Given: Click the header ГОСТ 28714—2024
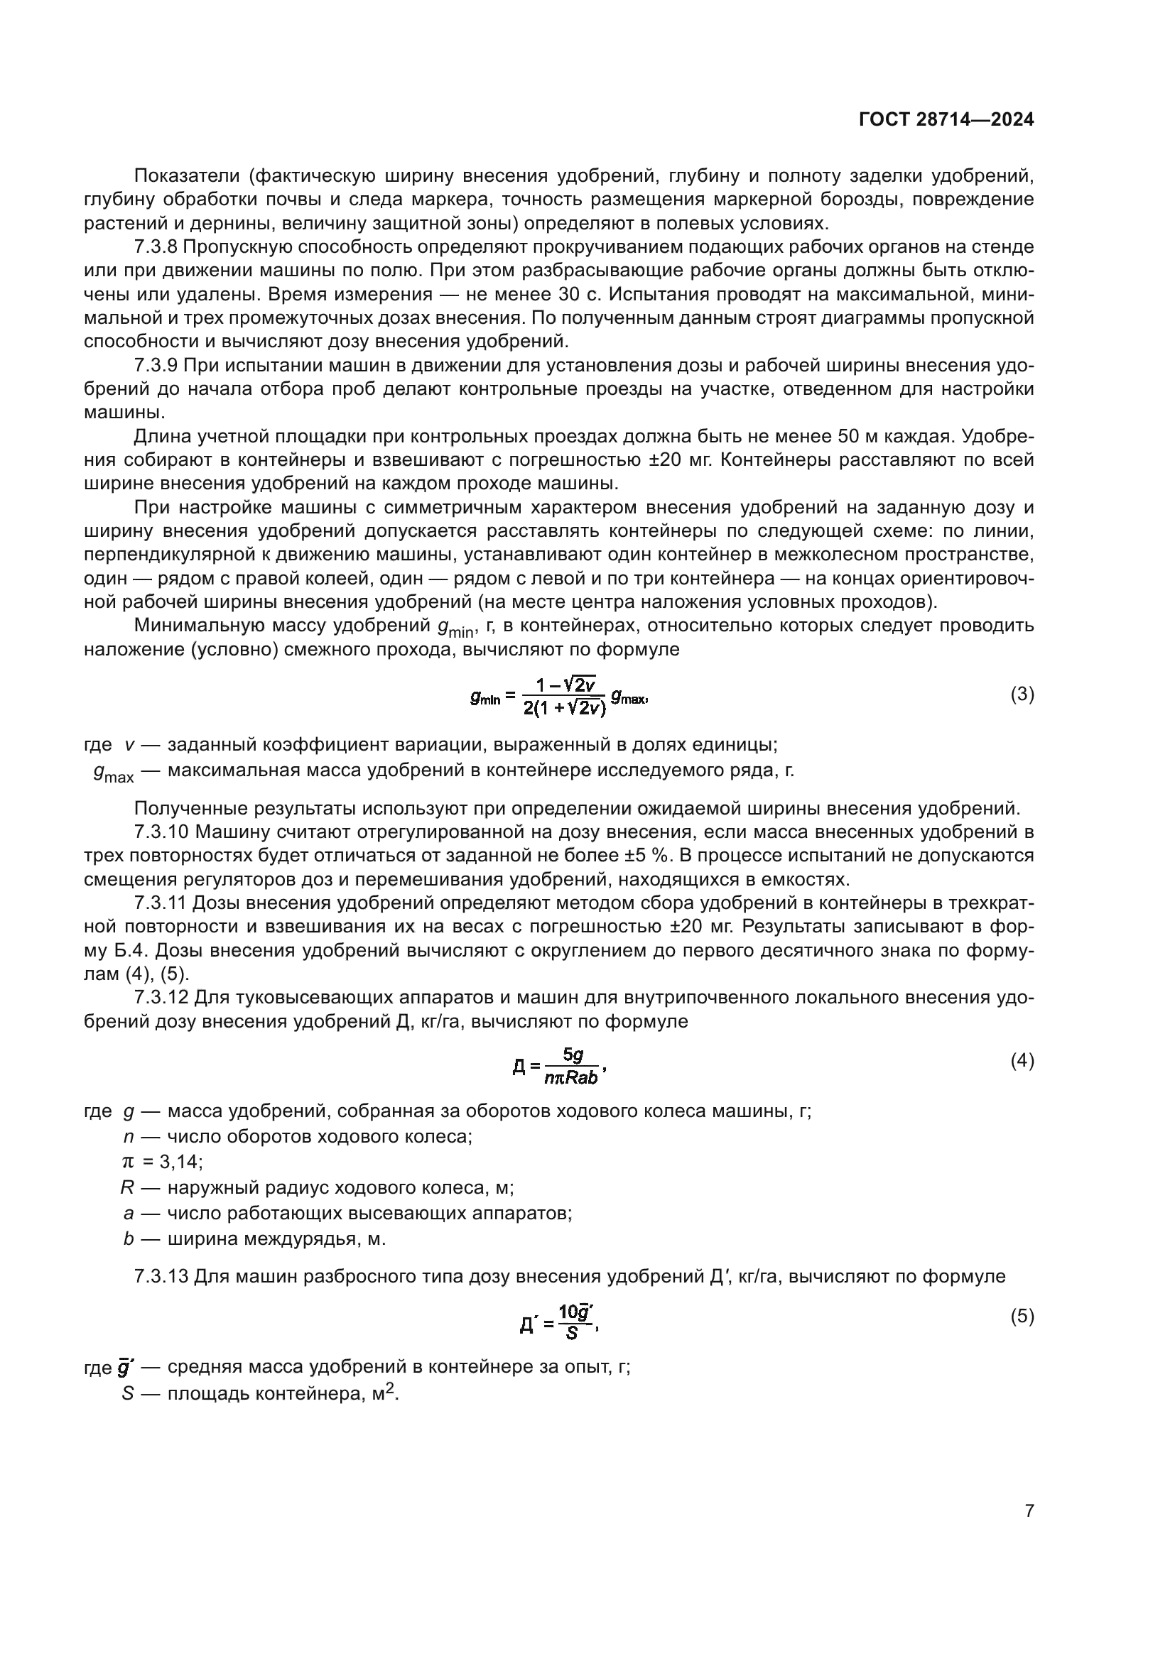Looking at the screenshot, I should coord(946,120).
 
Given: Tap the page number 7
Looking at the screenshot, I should coord(1029,1510).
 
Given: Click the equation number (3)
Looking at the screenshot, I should coord(1022,695).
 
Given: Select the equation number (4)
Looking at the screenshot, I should coord(1022,1061).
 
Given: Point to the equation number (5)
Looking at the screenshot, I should coord(1022,1317).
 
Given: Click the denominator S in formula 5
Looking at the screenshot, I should coord(572,1332).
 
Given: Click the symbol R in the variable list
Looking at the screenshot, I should coord(127,1187).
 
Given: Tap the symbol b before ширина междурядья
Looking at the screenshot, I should coord(128,1238).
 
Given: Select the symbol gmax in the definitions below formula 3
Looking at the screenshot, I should coord(114,773).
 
